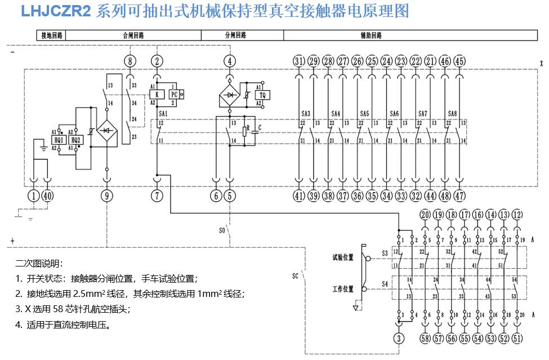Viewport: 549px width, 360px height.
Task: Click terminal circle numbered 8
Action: click(130, 61)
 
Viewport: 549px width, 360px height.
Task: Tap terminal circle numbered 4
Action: click(229, 61)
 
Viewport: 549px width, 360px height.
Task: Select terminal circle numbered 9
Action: click(107, 195)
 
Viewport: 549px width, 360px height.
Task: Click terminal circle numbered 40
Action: click(48, 195)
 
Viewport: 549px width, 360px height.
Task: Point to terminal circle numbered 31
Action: click(299, 61)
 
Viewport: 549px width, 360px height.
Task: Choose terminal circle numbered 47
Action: click(460, 195)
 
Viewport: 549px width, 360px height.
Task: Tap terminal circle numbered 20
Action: click(425, 215)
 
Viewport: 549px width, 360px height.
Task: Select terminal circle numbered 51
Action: click(517, 338)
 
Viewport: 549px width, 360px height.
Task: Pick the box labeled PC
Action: click(174, 95)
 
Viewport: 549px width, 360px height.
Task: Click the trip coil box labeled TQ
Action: click(261, 96)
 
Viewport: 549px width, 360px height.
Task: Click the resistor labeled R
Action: click(246, 131)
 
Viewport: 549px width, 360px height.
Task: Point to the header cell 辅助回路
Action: click(371, 35)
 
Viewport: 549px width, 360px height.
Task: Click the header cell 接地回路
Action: click(51, 35)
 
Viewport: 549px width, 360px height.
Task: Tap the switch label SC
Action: click(295, 276)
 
